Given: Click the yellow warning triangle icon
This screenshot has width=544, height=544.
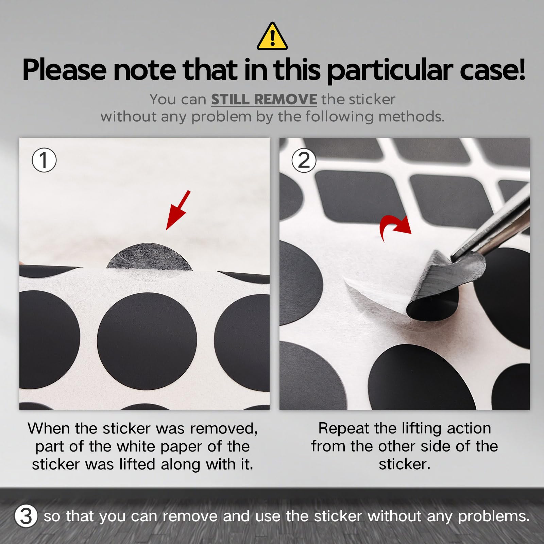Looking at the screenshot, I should pyautogui.click(x=272, y=37).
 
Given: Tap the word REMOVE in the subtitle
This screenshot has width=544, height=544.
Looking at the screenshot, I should pyautogui.click(x=285, y=99).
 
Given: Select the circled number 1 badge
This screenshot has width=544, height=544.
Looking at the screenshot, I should pyautogui.click(x=44, y=160).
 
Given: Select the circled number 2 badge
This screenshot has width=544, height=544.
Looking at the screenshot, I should pyautogui.click(x=304, y=160).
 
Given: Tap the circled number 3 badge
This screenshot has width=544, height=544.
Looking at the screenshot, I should pyautogui.click(x=26, y=516).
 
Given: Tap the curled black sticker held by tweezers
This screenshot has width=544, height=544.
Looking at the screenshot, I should pyautogui.click(x=442, y=289).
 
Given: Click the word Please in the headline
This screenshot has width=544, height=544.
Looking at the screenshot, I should pyautogui.click(x=65, y=70).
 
